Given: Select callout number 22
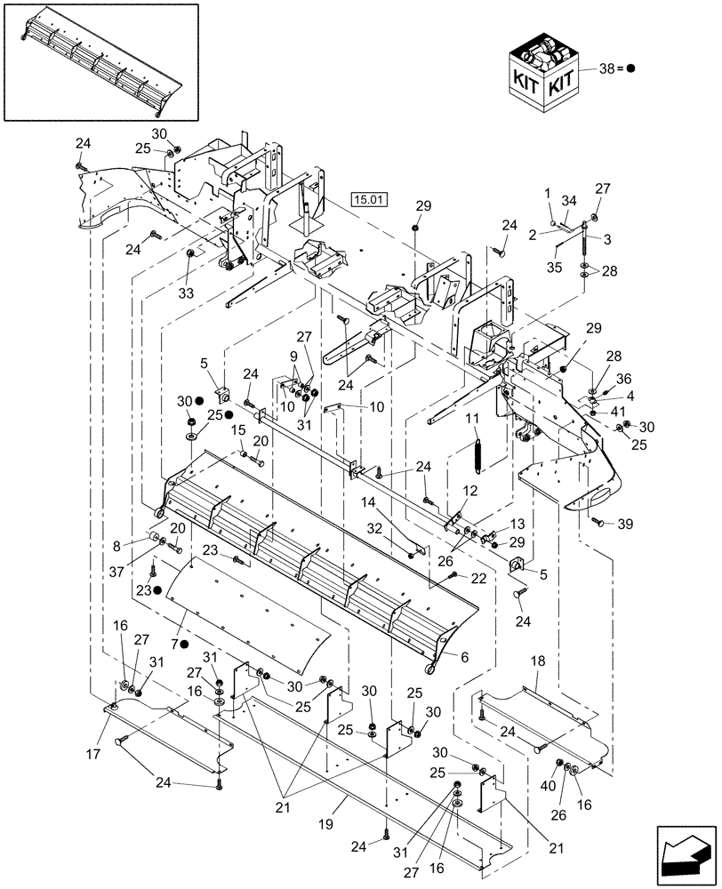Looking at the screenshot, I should pyautogui.click(x=478, y=579).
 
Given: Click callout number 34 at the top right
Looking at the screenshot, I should pyautogui.click(x=570, y=201).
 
